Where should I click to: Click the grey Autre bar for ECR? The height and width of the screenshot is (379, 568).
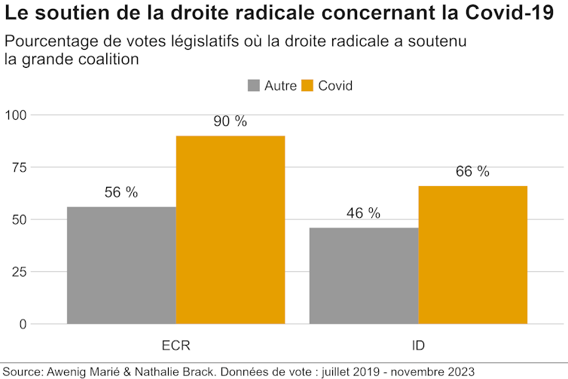coord(121,265)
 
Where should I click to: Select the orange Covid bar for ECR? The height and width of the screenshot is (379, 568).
coord(231,230)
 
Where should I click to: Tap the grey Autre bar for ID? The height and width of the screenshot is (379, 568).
coord(364,276)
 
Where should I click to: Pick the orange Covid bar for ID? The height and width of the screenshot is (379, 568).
coord(473,255)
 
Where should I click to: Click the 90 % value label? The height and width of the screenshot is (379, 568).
coord(231,122)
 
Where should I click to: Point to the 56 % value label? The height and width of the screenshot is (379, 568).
coord(121,193)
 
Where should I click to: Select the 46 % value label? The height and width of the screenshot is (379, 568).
coord(364,213)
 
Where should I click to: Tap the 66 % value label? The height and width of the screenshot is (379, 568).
coord(473,172)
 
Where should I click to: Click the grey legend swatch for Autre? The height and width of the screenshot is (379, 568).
coord(254,85)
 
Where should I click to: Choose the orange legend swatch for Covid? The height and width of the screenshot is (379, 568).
coord(307,85)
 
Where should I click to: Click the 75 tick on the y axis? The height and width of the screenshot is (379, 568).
coord(18,167)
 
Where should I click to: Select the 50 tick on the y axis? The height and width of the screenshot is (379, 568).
coord(18,220)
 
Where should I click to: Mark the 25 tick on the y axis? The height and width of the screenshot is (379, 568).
coord(18,272)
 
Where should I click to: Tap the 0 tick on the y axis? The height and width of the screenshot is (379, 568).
coord(22,325)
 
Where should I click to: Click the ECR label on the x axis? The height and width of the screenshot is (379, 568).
coord(176,346)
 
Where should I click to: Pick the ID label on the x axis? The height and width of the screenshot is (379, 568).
coord(418,346)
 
